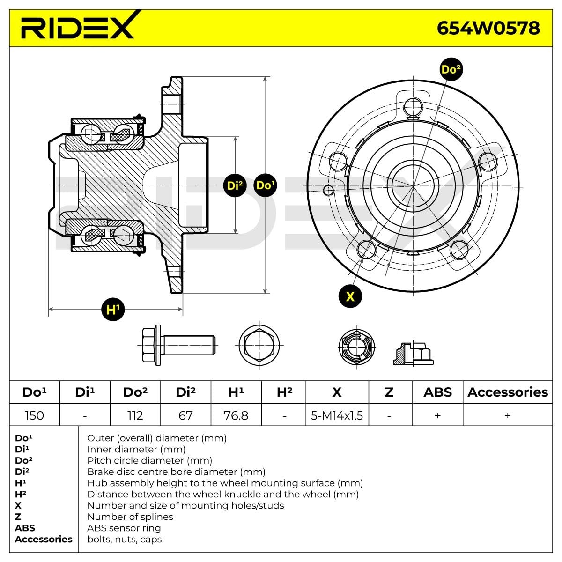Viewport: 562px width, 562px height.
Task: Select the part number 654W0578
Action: point(488,28)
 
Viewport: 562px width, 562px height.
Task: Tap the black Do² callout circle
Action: point(451,70)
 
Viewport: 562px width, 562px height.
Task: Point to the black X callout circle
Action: point(350,296)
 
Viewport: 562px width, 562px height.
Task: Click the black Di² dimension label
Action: point(235,185)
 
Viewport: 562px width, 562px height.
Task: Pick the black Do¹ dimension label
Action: point(265,185)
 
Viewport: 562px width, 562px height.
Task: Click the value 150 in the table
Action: point(34,415)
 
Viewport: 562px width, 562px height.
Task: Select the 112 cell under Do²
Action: point(135,415)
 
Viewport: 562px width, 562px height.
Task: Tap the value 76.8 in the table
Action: point(236,415)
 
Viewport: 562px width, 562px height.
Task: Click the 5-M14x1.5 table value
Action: point(337,415)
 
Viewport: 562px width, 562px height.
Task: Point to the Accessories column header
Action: point(508,392)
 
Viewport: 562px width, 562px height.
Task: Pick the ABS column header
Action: point(437,392)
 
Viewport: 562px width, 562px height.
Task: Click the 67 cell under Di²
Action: point(185,415)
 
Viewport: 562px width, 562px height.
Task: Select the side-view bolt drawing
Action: point(178,345)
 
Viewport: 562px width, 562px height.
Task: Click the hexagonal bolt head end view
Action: point(259,346)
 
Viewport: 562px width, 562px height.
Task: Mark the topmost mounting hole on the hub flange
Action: point(414,106)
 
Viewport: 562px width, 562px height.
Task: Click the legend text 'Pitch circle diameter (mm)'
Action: point(150,460)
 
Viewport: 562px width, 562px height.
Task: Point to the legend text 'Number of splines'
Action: point(130,517)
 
